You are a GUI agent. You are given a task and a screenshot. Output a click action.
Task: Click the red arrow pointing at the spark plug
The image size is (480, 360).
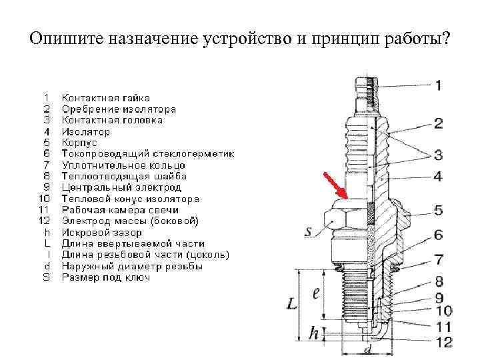[x=335, y=185]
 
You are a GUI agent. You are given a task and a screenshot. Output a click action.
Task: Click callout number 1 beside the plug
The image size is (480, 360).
[x=438, y=85]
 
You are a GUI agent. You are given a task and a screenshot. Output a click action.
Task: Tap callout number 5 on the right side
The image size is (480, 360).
[x=438, y=211]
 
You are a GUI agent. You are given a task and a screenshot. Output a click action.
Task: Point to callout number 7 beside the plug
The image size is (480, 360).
[x=438, y=259]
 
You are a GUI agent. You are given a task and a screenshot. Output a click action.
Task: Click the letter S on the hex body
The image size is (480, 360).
[x=309, y=232]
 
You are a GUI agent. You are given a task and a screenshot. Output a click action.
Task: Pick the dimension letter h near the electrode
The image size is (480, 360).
[x=313, y=333]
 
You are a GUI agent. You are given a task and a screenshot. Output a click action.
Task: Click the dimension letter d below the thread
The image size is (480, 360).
[x=367, y=350]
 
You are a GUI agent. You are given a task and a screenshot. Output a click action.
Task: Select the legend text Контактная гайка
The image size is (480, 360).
[x=105, y=98]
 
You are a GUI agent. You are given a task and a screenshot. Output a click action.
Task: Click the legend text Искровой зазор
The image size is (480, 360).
[x=101, y=233]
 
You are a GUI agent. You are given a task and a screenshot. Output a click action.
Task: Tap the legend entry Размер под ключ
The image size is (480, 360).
[x=105, y=277]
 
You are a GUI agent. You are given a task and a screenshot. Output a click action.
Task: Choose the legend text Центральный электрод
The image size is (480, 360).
[x=123, y=188]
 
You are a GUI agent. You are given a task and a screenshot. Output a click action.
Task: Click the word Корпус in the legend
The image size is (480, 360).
[x=79, y=143]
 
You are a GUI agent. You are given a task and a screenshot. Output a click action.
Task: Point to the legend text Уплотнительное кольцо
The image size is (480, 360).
[x=123, y=165]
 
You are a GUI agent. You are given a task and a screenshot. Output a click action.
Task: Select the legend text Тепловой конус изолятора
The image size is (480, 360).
[x=130, y=199]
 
